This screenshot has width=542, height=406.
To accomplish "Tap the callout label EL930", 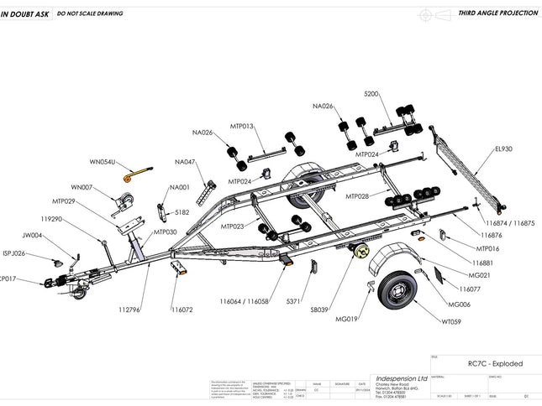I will click(x=503, y=148).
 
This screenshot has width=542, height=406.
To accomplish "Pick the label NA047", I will click(x=185, y=162).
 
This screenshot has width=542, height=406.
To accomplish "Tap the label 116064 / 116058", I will click(x=245, y=300).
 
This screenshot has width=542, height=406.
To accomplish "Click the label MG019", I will click(x=347, y=320).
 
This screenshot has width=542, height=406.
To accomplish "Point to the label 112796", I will click(x=129, y=310).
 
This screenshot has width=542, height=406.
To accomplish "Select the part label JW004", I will click(x=33, y=236).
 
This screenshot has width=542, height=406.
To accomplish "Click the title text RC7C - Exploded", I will click(x=495, y=363).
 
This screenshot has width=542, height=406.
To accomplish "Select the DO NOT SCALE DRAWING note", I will click(x=89, y=14).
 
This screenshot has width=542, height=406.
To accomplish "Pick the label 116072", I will click(x=182, y=310).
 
